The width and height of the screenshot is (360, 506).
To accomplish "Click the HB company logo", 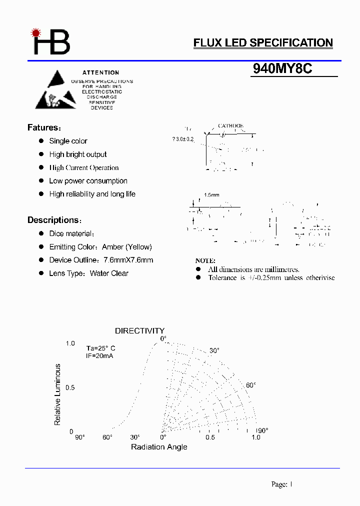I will [x=51, y=42].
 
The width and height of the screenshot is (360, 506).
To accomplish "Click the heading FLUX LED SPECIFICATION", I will [x=263, y=43].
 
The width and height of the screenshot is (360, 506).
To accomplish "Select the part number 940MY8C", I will [x=282, y=69].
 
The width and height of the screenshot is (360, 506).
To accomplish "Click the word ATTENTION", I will [x=100, y=72].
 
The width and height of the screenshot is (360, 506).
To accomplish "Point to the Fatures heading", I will [x=44, y=127].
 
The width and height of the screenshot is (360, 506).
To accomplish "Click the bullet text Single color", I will [x=68, y=141].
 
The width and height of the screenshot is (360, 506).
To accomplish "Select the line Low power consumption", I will [x=88, y=181].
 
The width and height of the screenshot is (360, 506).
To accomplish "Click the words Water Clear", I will [x=109, y=273].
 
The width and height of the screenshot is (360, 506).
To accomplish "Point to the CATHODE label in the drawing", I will [x=230, y=126].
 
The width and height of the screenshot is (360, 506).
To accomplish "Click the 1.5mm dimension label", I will [x=211, y=195].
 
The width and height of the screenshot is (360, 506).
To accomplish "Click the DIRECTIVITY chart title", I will [x=139, y=330].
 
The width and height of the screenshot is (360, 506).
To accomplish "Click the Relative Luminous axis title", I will [x=57, y=394].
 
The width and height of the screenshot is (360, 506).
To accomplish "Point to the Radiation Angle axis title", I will [x=159, y=446].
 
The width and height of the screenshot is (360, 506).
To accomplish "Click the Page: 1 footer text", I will [x=281, y=484].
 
